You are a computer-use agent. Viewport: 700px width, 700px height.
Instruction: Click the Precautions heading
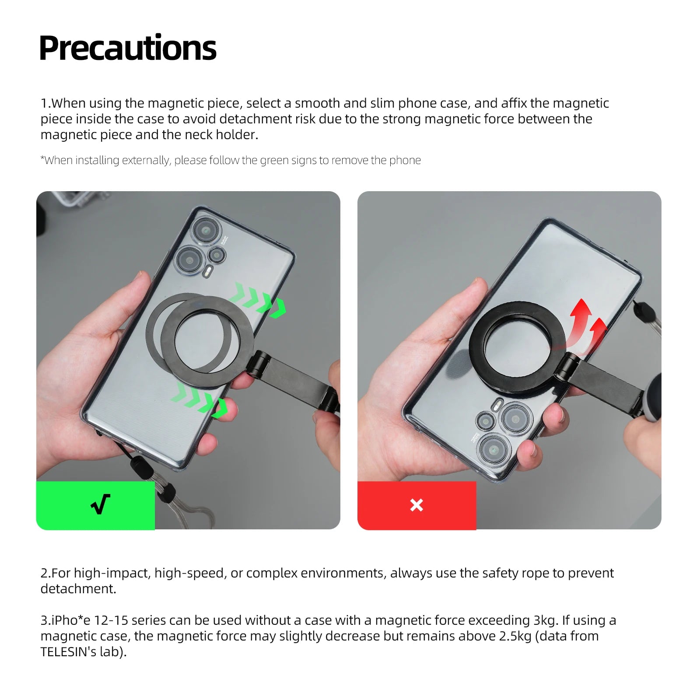coord(128,48)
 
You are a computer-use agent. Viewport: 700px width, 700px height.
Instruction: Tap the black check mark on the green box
coord(101,504)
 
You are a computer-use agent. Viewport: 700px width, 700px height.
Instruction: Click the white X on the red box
coord(416,505)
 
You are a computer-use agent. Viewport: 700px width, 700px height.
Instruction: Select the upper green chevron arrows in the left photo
coord(258,301)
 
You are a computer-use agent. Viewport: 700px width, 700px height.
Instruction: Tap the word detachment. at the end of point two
coord(78,589)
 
